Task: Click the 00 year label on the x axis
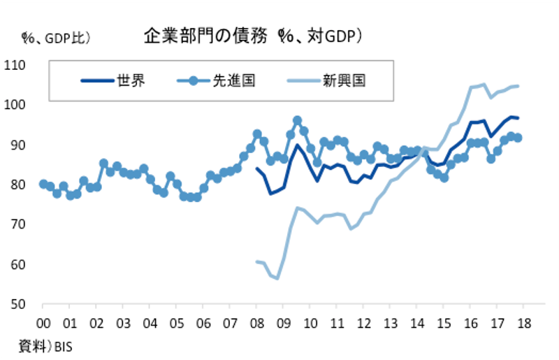[x=43, y=324]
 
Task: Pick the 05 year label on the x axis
[x=176, y=324]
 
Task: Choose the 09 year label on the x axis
[x=283, y=324]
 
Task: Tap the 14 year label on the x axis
[x=417, y=324]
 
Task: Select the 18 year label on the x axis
[x=524, y=324]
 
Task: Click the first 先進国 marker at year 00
[x=43, y=184]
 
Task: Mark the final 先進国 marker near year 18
[x=518, y=138]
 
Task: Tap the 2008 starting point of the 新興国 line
[x=257, y=261]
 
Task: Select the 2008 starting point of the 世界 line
[x=257, y=168]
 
